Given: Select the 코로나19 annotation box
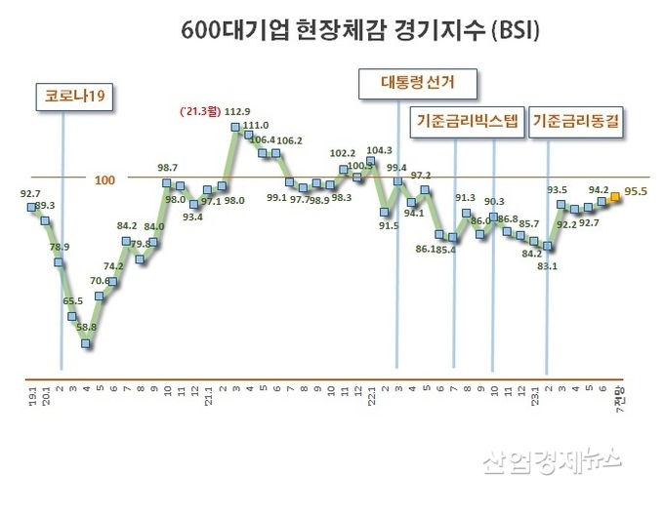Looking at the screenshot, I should coord(67,97).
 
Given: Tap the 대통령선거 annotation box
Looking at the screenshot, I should coord(418,85).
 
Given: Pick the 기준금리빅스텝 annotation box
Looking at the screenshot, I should coord(465,124).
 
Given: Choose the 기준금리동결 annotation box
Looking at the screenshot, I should coord(579,124).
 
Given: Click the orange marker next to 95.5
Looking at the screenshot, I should coord(615,197).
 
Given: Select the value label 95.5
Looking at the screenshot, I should coord(639,192).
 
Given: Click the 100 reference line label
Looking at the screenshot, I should coord(104,179).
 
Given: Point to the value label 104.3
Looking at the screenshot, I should coord(379,150).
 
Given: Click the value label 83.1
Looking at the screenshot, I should coord(548,264).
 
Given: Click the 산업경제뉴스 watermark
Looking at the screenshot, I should coord(551,459).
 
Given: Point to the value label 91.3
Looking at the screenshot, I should coord(466,198).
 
